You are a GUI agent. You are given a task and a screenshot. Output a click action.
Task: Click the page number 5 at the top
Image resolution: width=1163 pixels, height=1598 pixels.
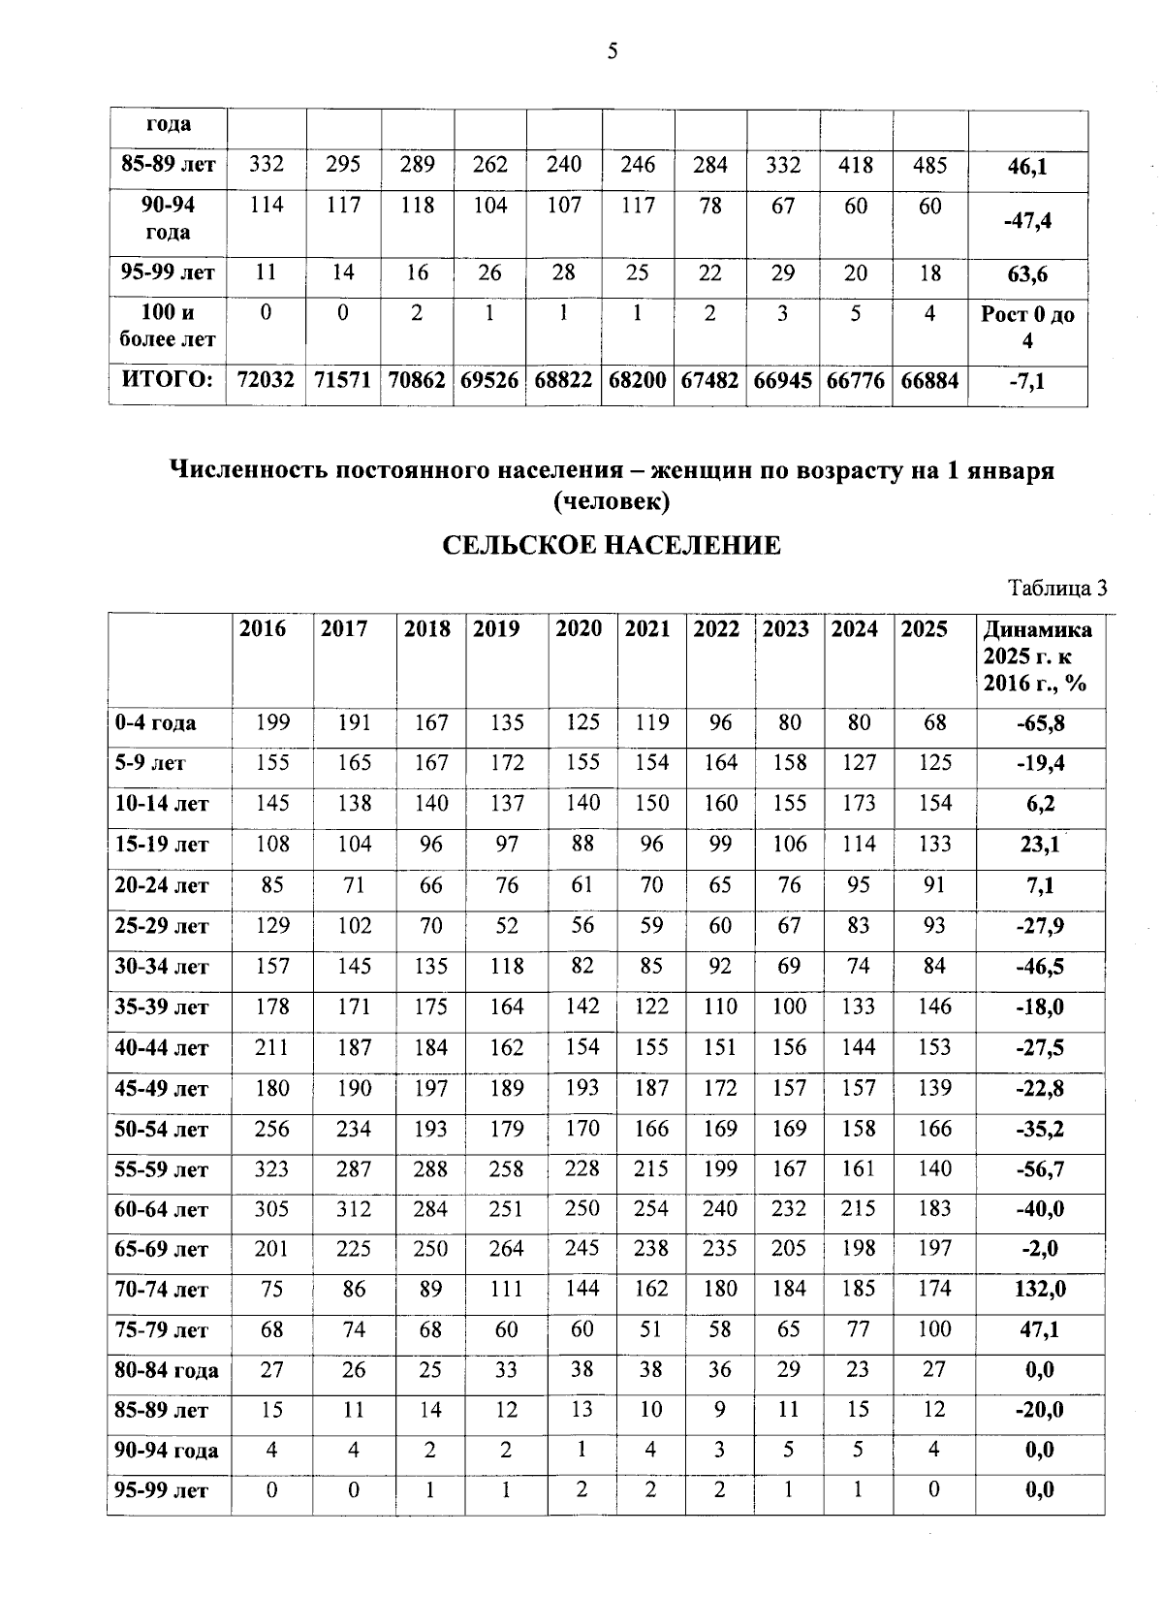click(612, 51)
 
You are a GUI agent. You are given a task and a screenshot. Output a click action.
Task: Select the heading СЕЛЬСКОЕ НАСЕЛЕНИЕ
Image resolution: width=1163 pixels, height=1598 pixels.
click(612, 546)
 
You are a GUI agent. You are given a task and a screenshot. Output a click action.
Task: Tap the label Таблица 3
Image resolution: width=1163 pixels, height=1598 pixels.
click(1057, 589)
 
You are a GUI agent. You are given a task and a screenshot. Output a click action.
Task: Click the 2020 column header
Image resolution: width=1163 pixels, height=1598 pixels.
click(579, 629)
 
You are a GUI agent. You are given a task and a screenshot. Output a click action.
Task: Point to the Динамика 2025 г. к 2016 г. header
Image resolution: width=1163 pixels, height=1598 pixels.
click(1037, 656)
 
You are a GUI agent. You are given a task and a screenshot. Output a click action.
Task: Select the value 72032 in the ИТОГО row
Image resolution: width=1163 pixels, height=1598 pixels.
click(266, 381)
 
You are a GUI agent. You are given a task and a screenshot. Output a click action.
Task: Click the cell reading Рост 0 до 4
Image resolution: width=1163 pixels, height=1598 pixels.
click(1027, 328)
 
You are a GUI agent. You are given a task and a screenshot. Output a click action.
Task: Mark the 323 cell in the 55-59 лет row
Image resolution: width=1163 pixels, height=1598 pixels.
click(272, 1169)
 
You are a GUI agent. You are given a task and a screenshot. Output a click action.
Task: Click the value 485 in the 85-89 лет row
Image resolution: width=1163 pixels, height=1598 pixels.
click(929, 165)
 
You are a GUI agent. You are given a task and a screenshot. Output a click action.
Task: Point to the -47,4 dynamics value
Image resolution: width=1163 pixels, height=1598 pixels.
click(1027, 221)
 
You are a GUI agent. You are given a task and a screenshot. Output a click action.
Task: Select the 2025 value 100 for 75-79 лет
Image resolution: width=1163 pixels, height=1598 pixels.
click(934, 1329)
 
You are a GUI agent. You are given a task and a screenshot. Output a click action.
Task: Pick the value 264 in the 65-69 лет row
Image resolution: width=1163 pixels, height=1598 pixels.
click(507, 1249)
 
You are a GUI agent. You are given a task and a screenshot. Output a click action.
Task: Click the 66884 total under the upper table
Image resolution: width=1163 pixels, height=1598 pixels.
click(929, 381)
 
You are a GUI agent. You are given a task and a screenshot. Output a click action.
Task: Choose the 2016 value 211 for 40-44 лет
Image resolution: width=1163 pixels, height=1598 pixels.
click(272, 1047)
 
